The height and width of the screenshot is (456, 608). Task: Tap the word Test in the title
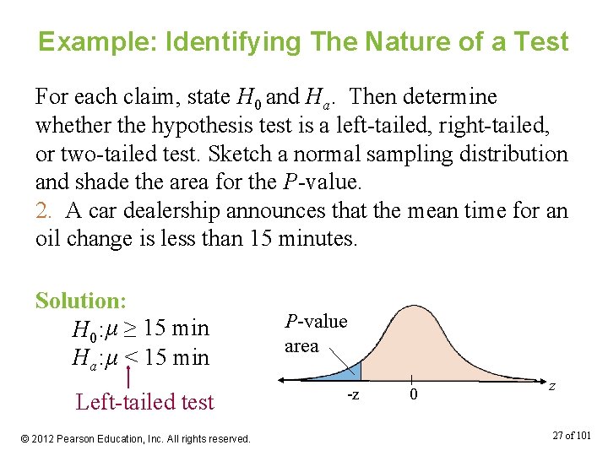point(539,41)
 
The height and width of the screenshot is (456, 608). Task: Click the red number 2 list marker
point(42,211)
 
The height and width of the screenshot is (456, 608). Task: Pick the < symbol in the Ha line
point(131,357)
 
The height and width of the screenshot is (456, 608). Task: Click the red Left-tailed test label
point(144,402)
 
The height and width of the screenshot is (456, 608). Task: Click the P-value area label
point(315,334)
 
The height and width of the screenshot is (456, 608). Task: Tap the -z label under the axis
point(356,395)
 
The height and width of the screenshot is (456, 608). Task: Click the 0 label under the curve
point(413,395)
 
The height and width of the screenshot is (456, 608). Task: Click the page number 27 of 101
point(573,435)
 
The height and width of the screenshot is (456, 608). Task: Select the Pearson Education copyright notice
point(136,438)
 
